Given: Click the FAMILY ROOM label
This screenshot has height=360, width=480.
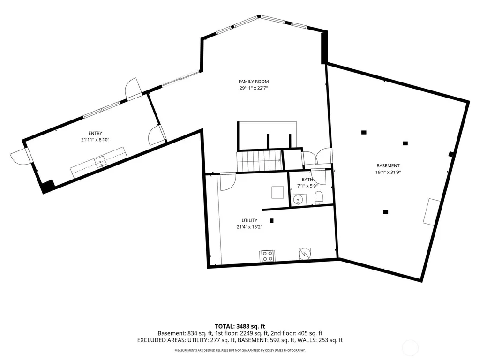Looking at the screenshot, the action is point(254,82).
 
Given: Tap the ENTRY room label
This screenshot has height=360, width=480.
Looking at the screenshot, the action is point(95,133).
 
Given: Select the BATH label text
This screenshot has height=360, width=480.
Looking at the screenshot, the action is point(307,180).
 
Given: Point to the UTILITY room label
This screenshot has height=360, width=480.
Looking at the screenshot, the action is point(249,220).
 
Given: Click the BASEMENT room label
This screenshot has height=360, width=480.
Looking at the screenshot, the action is point(388,165).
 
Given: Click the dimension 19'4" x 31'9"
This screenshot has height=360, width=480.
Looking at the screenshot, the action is point(388,172).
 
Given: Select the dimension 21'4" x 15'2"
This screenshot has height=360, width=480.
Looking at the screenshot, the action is point(249,227).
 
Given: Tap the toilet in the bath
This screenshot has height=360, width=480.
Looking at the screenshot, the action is point(319,198).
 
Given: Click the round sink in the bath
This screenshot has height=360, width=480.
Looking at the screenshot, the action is point(298,200).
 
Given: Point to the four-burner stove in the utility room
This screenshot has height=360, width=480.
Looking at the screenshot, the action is point(267,256).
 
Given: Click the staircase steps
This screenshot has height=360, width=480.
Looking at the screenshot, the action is point(259,160).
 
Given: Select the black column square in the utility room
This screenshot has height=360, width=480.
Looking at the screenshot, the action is point(271,220).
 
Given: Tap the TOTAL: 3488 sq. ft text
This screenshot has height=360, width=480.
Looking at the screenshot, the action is point(240,326).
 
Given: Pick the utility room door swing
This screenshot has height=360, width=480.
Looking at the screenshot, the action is point(227,182).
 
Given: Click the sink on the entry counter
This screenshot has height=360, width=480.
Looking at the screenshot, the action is point(100,162).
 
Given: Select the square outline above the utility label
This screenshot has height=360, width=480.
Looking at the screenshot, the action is point(277,192).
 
